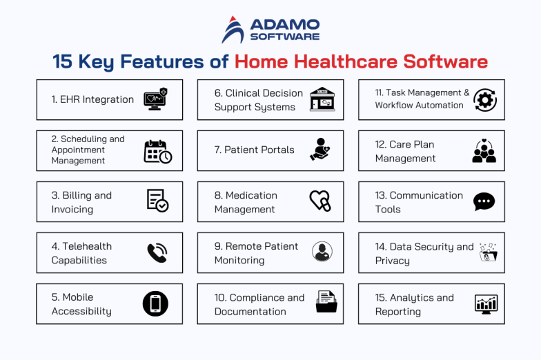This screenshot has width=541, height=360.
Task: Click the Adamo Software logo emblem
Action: click(x=233, y=30)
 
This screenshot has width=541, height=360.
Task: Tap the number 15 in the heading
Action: click(x=63, y=61)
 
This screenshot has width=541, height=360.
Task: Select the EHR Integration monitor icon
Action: click(x=155, y=99)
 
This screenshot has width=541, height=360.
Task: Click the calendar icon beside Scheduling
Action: click(x=157, y=151)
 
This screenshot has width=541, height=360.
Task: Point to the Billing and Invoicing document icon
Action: click(x=157, y=201)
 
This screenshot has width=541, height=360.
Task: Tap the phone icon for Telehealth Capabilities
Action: click(x=157, y=253)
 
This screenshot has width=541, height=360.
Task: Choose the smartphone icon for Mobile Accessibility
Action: click(x=155, y=303)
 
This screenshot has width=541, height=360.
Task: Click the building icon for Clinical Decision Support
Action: click(x=322, y=99)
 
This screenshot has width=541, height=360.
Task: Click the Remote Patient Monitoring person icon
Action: click(x=322, y=252)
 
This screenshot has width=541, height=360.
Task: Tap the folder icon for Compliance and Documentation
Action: click(x=326, y=303)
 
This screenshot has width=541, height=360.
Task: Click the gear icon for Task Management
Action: click(x=484, y=99)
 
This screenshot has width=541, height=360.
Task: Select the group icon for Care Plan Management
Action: click(x=484, y=150)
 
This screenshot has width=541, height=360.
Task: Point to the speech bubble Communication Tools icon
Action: click(x=484, y=201)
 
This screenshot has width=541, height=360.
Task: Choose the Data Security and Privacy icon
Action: click(x=488, y=252)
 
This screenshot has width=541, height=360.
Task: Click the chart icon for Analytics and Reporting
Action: click(x=486, y=303)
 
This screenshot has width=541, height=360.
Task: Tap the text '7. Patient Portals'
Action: click(x=254, y=150)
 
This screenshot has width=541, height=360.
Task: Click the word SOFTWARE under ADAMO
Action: click(x=284, y=36)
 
